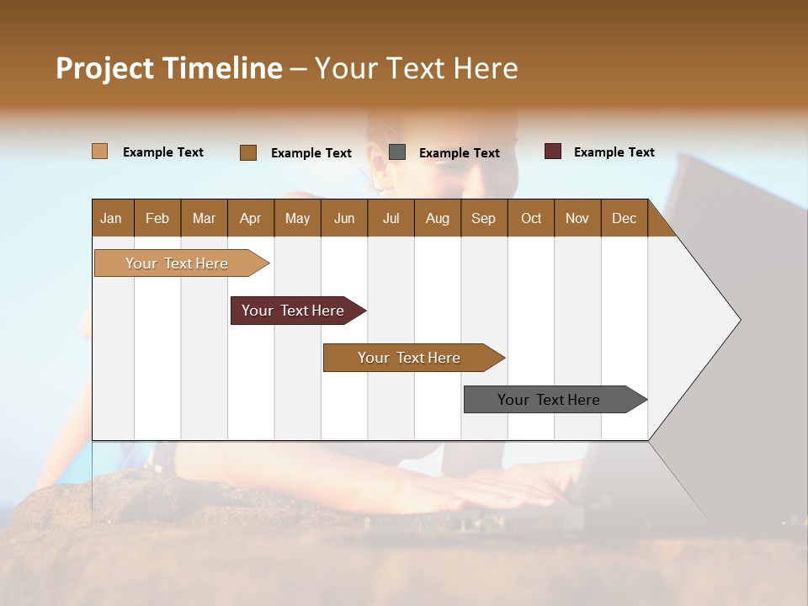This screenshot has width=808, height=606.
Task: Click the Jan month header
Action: (111, 218)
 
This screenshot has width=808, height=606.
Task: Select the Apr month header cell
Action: (250, 218)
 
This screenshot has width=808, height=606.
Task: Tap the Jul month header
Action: (391, 218)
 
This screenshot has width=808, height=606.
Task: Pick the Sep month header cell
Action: (483, 218)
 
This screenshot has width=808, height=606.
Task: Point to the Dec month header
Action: (624, 218)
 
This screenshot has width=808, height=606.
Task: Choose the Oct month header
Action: (530, 218)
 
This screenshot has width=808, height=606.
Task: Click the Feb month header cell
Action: (157, 218)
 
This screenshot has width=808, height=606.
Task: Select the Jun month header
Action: (343, 218)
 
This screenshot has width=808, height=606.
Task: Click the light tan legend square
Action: (99, 151)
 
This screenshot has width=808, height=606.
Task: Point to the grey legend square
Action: (397, 151)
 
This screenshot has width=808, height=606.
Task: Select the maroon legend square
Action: (552, 151)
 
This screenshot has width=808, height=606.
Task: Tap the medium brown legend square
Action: (247, 152)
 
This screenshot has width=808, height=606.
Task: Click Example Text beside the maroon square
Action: (614, 152)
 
